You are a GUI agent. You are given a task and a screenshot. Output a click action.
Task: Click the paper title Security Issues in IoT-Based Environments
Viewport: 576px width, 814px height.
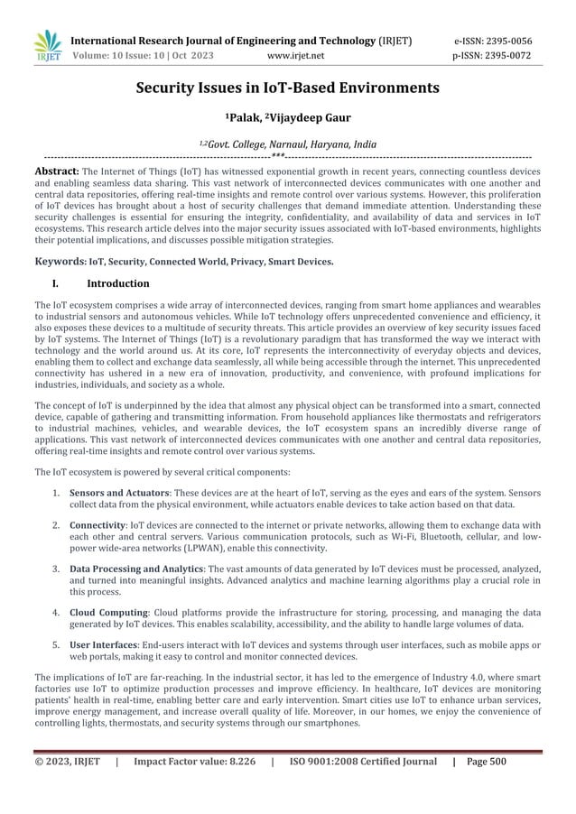click(x=287, y=88)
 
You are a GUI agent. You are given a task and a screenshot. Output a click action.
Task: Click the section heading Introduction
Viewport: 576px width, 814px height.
click(x=124, y=284)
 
